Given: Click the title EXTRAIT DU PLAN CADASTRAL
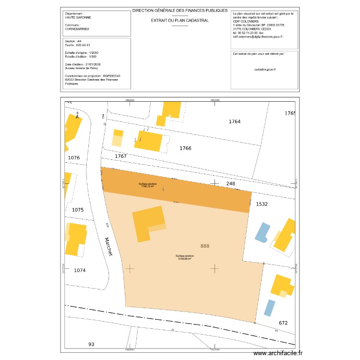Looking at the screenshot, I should pos(180,21).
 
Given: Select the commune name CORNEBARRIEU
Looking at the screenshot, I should pos(77,29).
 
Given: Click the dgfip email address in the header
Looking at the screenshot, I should pos(258,36).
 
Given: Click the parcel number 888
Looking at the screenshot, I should pos(205,246).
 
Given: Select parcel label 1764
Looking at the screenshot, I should pos(234,122).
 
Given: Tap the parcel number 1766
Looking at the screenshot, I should pos(185,148).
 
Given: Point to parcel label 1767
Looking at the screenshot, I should pos(120,156).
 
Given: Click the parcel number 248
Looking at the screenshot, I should pos(231,184).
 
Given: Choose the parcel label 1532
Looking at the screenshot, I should pos(262,204).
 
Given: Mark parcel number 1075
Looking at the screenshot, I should pos(78,210).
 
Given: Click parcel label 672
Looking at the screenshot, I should pos(283,323).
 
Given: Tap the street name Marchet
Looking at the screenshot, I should pos(108,246).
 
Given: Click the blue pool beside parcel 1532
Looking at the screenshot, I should pos(262,232).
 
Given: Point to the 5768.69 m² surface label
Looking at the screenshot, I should pos(185,258).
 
